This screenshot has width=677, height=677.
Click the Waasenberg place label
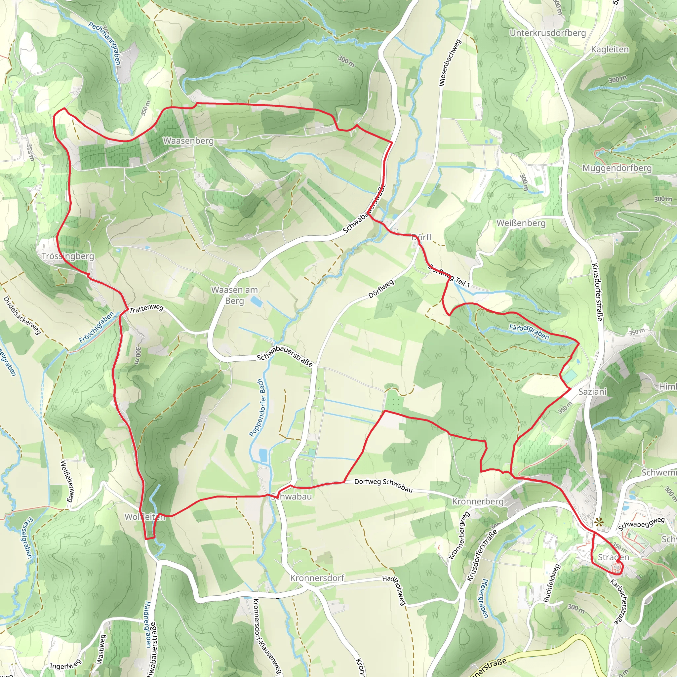pyautogui.click(x=188, y=141)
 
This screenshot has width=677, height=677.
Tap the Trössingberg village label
pyautogui.click(x=68, y=256)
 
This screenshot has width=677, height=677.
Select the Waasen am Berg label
pyautogui.click(x=234, y=295)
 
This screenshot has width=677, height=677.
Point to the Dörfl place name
pyautogui.click(x=421, y=237)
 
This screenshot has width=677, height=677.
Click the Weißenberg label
pyautogui.click(x=521, y=223)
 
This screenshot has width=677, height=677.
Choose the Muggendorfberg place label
pyautogui.click(x=617, y=168)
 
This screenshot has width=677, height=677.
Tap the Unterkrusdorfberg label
pyautogui.click(x=548, y=33)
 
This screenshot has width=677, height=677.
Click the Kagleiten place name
pyautogui.click(x=610, y=49)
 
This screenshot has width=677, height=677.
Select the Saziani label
pyautogui.click(x=592, y=391)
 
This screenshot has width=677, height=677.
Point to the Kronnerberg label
pyautogui.click(x=478, y=501)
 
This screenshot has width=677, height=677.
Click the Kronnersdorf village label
pyautogui.click(x=317, y=578)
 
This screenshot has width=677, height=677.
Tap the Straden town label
pyautogui.click(x=613, y=557)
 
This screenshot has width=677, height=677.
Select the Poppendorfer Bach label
pyautogui.click(x=257, y=408)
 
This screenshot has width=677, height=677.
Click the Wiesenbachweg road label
pyautogui.click(x=450, y=62)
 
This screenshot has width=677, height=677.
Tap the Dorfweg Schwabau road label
pyautogui.click(x=383, y=485)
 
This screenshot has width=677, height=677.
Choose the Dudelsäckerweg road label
pyautogui.click(x=22, y=315)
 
